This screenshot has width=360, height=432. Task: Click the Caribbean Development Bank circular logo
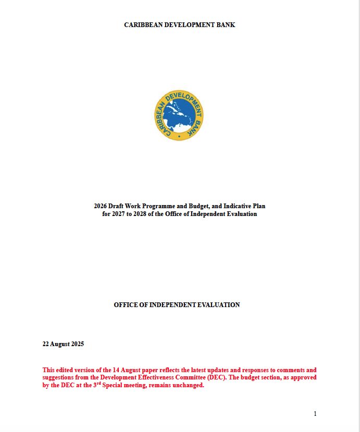(179, 116)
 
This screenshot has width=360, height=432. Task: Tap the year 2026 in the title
(101, 206)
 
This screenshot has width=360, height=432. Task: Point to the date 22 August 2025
(63, 344)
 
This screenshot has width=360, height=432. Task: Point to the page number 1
(315, 414)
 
